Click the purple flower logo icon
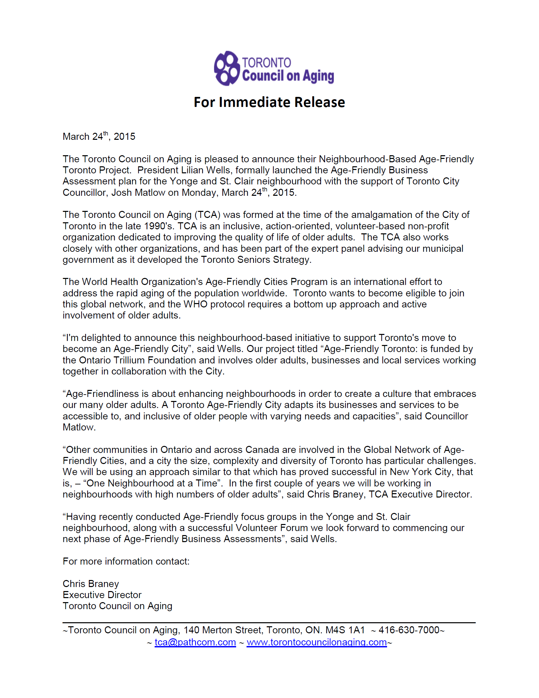(x=227, y=68)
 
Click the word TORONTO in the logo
(x=266, y=63)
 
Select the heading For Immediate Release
(x=269, y=102)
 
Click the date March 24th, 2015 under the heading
(x=99, y=136)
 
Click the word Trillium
(x=129, y=360)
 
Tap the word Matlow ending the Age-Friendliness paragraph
(x=79, y=427)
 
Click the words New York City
(x=421, y=472)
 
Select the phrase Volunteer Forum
(x=272, y=528)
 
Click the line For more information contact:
(x=126, y=562)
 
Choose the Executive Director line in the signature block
(x=102, y=595)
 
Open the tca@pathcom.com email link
(x=195, y=642)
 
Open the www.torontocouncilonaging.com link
(x=317, y=642)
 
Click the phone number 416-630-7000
(x=409, y=630)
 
